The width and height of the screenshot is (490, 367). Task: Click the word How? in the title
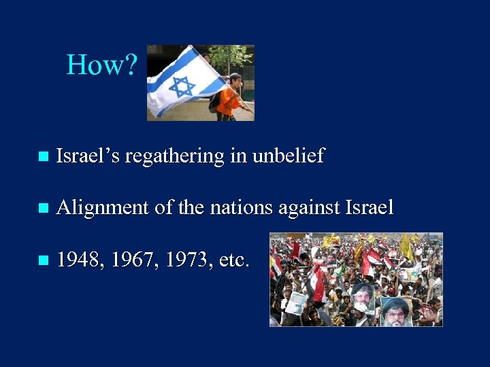[102, 65]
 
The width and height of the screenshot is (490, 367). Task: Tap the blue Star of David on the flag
[182, 86]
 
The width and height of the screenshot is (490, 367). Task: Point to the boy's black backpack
[216, 101]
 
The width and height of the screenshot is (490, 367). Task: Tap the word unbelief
[289, 156]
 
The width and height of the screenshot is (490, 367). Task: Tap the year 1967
[131, 259]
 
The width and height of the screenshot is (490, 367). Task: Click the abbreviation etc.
[233, 259]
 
